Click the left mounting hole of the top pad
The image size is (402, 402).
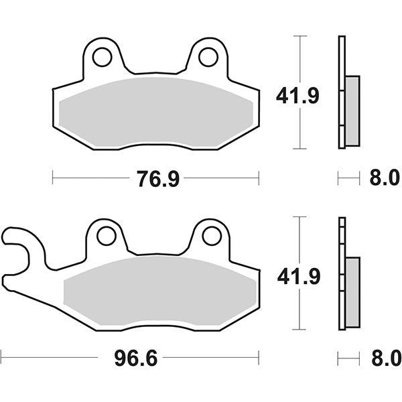[103, 57]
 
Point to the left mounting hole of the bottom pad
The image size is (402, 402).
[106, 236]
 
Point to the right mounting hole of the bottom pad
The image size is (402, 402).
[211, 236]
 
